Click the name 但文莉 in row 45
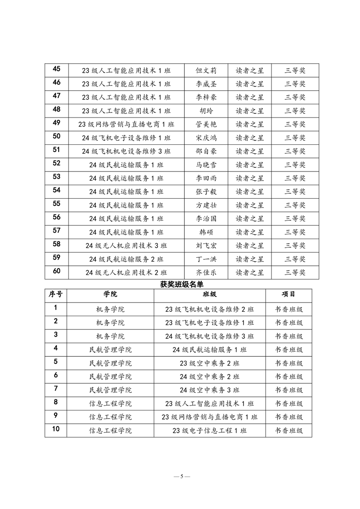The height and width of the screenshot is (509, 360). coord(206,70)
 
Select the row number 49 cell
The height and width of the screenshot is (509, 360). coord(57,123)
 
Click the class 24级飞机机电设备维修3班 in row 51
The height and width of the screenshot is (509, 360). coord(126,152)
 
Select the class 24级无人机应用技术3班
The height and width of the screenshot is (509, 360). coord(126,246)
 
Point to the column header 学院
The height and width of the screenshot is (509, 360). coord(110,294)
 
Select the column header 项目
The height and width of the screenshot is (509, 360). coord(289,294)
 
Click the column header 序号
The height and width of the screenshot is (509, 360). coord(56,294)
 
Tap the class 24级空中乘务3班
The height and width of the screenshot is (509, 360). coord(209,390)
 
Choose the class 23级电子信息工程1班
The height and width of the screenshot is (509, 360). coord(209,431)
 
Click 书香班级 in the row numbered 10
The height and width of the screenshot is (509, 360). coord(289,431)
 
